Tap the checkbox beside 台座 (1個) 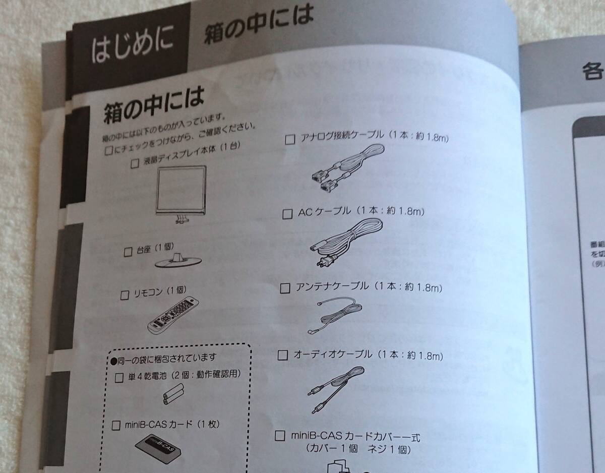[x=128, y=251]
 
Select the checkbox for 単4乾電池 [x=119, y=377]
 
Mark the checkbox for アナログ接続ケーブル [x=289, y=140]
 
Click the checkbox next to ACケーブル [x=287, y=214]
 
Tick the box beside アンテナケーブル [x=285, y=288]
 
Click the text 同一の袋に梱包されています [x=166, y=358]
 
